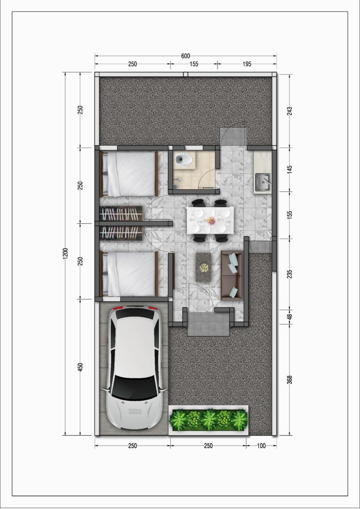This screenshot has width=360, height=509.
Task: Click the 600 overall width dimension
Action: (185, 56)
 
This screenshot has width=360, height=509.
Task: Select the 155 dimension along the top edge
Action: (194, 64)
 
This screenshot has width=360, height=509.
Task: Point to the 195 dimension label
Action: (247, 64)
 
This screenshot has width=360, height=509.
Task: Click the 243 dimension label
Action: (289, 111)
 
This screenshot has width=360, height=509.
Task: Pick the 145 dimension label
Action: (289, 170)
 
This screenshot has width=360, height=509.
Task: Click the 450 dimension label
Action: (80, 367)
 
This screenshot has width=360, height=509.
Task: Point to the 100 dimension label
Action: (261, 446)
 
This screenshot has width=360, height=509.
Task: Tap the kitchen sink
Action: (263, 182)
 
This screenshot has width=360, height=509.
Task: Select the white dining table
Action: (210, 220)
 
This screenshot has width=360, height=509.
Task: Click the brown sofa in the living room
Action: (232, 276)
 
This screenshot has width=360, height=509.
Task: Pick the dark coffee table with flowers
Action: (204, 268)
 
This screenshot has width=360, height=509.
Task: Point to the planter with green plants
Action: (208, 420)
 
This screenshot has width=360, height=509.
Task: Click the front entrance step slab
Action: (208, 324)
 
